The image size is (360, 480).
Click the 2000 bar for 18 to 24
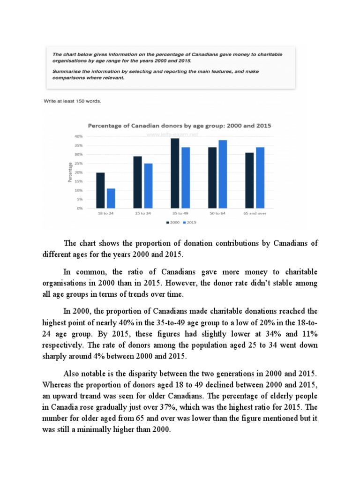point(100,190)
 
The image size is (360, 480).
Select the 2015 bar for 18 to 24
point(111,198)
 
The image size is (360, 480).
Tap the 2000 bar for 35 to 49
point(175,173)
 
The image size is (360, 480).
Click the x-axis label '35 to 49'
point(180,214)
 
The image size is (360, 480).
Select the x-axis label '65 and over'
point(255,214)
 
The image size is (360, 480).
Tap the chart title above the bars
point(180,126)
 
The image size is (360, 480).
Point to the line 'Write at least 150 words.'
point(72,101)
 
